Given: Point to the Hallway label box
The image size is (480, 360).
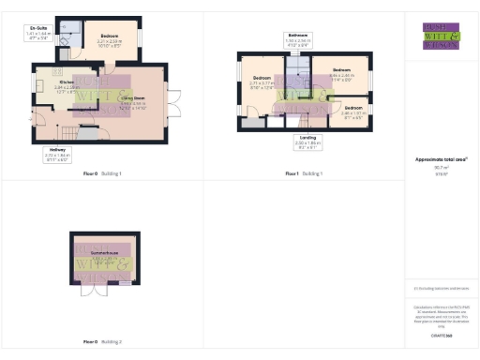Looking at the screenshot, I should click(x=56, y=156).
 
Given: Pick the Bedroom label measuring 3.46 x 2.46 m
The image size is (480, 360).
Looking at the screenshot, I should click(x=339, y=73).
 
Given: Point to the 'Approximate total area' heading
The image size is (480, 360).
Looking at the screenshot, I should click(x=441, y=159).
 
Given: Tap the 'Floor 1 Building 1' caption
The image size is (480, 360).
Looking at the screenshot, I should click(x=304, y=174).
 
